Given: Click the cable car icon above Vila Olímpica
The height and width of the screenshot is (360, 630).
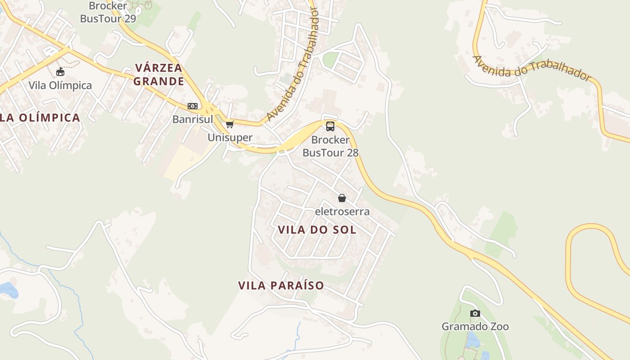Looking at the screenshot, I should pyautogui.click(x=60, y=72).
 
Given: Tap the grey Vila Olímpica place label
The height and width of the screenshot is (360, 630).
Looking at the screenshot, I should pyautogui.click(x=60, y=85).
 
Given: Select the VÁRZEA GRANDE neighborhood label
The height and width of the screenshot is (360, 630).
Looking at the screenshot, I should pyautogui.click(x=159, y=75).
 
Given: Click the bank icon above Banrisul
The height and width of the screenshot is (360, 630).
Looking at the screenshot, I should pyautogui.click(x=193, y=106).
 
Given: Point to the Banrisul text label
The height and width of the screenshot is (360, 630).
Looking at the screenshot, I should pyautogui.click(x=193, y=119).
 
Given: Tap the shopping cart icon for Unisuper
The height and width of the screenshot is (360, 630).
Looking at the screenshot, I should pyautogui.click(x=230, y=124).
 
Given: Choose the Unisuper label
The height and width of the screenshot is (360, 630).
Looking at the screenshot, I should pyautogui.click(x=230, y=137).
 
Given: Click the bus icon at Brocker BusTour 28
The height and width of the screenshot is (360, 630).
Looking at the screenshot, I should pyautogui.click(x=330, y=126).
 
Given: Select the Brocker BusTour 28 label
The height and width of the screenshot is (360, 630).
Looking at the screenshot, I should pyautogui.click(x=330, y=146).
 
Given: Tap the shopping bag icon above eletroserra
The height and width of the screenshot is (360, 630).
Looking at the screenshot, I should pyautogui.click(x=342, y=198).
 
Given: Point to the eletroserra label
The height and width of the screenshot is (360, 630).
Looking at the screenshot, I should pyautogui.click(x=342, y=211).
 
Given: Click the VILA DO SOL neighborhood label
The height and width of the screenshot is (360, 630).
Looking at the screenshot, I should pyautogui.click(x=317, y=230).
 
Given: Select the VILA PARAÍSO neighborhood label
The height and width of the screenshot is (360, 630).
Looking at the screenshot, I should pyautogui.click(x=281, y=285).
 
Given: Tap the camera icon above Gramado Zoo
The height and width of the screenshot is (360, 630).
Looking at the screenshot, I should pyautogui.click(x=475, y=313).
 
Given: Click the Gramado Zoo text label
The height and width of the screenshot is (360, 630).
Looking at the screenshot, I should pyautogui.click(x=475, y=326).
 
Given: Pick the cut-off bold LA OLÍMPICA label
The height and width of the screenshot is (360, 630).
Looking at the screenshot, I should pyautogui.click(x=40, y=118).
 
